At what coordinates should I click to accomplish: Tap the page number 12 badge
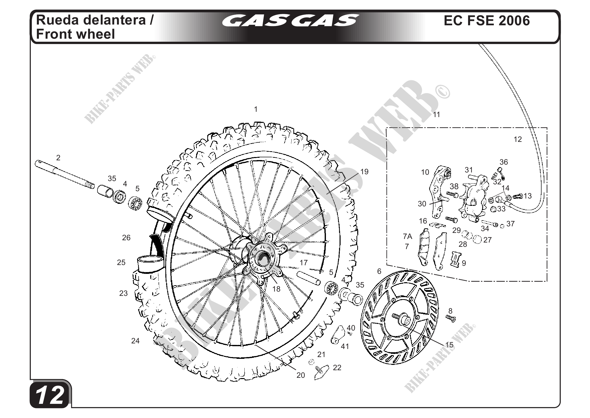[x=49, y=395]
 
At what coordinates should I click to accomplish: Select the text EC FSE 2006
[x=486, y=20]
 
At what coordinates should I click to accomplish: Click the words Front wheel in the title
[x=75, y=34]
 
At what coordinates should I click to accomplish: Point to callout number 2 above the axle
[x=58, y=158]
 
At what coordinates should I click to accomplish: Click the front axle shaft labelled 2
[x=64, y=174]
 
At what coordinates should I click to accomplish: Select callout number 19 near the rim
[x=364, y=172]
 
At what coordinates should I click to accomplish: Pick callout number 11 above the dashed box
[x=437, y=115]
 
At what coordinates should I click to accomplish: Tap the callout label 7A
[x=407, y=236]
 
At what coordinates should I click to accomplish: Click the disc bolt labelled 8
[x=451, y=319]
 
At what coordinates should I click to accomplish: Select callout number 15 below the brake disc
[x=449, y=345]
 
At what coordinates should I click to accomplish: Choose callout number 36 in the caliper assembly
[x=504, y=162]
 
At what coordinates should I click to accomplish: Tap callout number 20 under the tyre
[x=301, y=375]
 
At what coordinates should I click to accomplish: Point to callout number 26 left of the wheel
[x=126, y=237]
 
